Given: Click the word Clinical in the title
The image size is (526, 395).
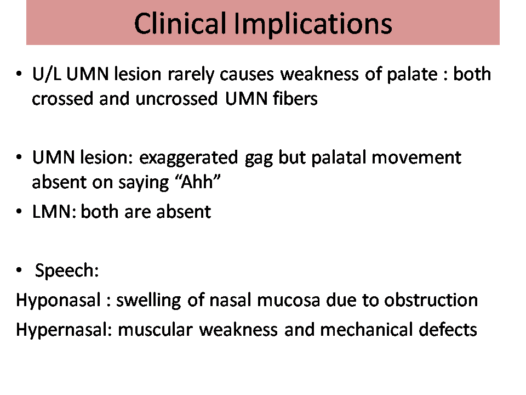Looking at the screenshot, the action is [x=180, y=23].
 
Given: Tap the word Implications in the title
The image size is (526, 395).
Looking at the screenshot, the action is [x=313, y=24].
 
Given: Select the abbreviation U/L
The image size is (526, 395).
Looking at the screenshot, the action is [x=47, y=74].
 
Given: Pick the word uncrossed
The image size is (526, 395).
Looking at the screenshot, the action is [x=176, y=99].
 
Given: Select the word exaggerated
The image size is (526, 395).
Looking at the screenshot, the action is [x=188, y=158].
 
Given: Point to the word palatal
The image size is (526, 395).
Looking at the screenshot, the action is [x=339, y=158].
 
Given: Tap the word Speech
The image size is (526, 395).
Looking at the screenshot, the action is [x=67, y=270].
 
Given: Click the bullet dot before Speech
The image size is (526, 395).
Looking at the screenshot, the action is [x=19, y=270].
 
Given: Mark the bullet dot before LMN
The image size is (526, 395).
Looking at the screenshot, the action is [x=19, y=212].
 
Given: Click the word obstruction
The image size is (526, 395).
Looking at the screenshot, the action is [x=431, y=300].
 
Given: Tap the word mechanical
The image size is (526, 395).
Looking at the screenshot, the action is [x=366, y=330].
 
